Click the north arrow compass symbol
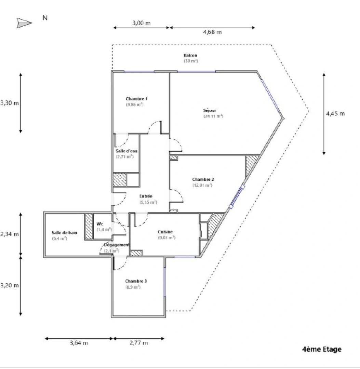(24, 23)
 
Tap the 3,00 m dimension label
(142, 23)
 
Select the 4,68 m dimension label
(212, 32)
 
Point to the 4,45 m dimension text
(335, 113)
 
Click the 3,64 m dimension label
(79, 343)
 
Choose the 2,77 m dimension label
(139, 343)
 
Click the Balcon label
(190, 55)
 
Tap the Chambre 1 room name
(136, 99)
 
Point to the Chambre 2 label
(203, 179)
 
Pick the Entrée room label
(146, 196)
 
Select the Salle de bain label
(65, 233)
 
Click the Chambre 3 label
(136, 281)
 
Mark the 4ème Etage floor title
(322, 349)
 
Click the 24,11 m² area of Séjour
(213, 116)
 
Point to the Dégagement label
(117, 245)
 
